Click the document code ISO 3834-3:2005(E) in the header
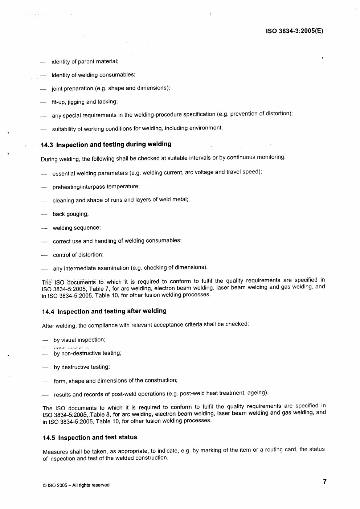coord(294,31)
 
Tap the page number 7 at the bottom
coord(324,481)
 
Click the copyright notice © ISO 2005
coord(76,485)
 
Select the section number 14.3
coord(47,145)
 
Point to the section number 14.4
coord(48,312)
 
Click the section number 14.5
coord(49,438)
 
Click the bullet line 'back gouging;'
coord(70,214)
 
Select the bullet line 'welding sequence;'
coord(77,228)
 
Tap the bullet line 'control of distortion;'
coord(78,255)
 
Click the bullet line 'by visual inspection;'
coord(79,340)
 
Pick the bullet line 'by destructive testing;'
coord(82,367)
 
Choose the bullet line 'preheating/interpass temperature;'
coord(96,186)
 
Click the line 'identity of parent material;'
coord(85,62)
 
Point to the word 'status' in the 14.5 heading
coord(127,437)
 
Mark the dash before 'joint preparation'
coord(43,89)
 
